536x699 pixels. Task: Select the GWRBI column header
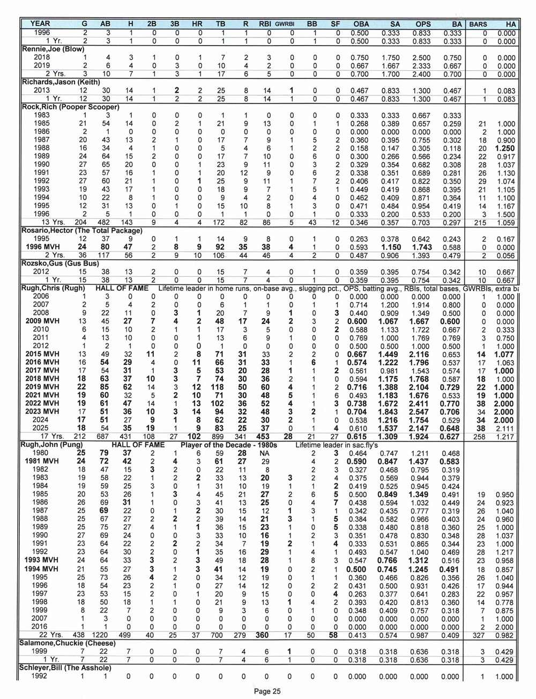(x=285, y=24)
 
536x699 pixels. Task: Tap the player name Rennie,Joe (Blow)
(x=47, y=49)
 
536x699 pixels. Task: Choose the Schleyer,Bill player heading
(x=65, y=667)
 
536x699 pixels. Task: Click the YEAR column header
(x=40, y=24)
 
